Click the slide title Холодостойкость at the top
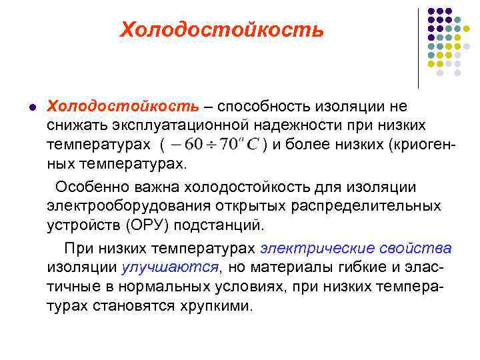point(221,30)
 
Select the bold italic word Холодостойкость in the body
point(123,107)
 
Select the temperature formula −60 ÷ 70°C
point(214,144)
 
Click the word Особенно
point(92,186)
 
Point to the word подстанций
point(228,223)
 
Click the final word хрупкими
point(214,305)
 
